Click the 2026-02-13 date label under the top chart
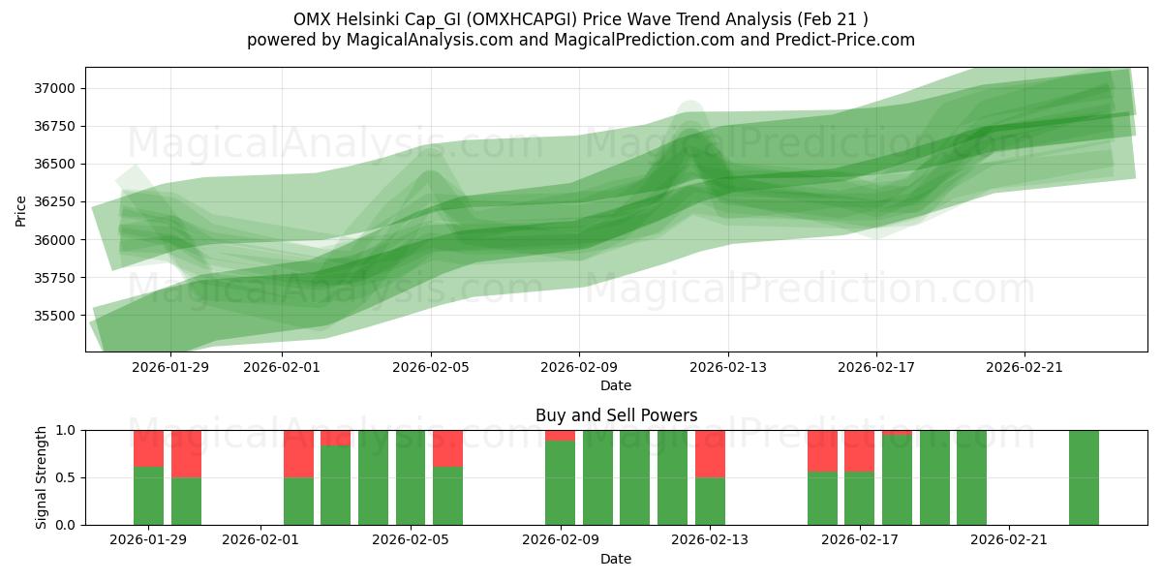(x=728, y=367)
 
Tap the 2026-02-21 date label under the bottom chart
(x=1009, y=540)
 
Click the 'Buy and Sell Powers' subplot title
(x=616, y=415)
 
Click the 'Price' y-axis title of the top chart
(x=21, y=209)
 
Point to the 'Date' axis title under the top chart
(x=616, y=385)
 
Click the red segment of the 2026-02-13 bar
(x=710, y=453)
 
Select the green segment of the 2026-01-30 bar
(x=186, y=501)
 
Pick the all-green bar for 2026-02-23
(x=1084, y=477)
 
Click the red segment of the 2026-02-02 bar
(x=298, y=453)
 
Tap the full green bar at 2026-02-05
(x=411, y=477)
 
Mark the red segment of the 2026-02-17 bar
(x=859, y=450)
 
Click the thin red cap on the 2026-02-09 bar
(x=560, y=435)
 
